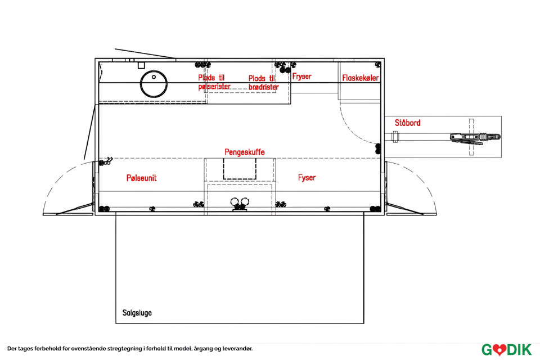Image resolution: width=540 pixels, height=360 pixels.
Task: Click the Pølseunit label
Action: (x=142, y=178)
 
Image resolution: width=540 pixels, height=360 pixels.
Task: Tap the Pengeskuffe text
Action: (x=245, y=152)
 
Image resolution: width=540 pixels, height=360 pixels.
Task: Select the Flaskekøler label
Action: (x=360, y=78)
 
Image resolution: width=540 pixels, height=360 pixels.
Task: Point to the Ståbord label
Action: (x=407, y=122)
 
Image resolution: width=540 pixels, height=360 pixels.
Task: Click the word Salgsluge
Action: (x=137, y=313)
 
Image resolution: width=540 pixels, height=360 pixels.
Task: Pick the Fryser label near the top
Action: (x=301, y=76)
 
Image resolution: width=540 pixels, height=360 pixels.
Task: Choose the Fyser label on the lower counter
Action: (x=307, y=177)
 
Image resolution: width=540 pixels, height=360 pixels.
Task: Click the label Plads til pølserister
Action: (x=214, y=82)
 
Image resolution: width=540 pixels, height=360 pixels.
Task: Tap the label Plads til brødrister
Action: (x=263, y=83)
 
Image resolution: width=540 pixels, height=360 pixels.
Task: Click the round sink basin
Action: (x=154, y=84)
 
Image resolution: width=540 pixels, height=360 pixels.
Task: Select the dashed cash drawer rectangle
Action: (x=240, y=168)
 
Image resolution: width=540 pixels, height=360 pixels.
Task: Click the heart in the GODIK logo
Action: (x=499, y=350)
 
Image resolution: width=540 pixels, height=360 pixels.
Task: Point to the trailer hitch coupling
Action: (x=476, y=137)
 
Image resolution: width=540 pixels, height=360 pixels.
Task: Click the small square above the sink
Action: (x=141, y=65)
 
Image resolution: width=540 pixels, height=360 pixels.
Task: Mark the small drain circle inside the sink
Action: (x=154, y=77)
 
